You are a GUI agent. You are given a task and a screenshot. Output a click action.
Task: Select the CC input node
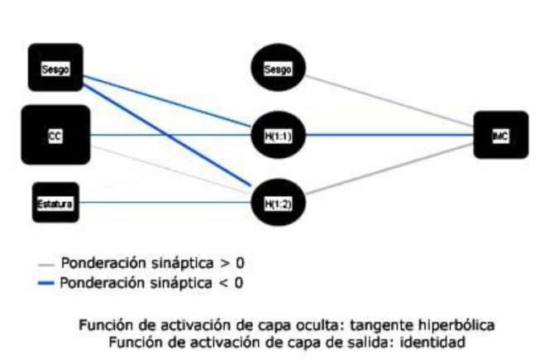[55, 134]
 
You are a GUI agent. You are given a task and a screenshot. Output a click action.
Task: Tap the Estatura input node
[55, 202]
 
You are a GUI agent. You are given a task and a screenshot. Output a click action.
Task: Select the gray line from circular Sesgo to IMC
[389, 103]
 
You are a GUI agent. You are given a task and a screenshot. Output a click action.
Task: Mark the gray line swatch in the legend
[46, 265]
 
